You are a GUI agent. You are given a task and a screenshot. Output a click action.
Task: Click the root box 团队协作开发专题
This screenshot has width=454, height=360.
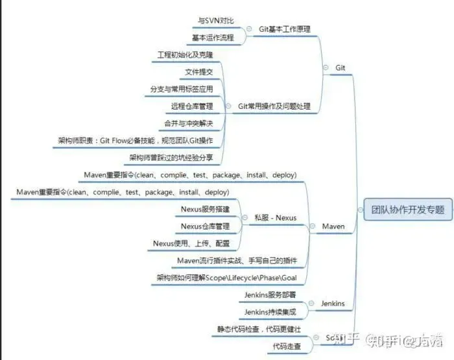(408, 210)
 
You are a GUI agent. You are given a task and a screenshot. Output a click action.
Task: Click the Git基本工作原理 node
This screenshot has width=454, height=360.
(283, 29)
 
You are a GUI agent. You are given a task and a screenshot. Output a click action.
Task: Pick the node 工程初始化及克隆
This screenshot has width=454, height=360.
(185, 54)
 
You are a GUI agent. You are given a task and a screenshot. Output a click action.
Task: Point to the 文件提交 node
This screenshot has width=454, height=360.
(198, 71)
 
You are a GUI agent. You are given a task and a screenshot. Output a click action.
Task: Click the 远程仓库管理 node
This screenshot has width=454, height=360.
(192, 106)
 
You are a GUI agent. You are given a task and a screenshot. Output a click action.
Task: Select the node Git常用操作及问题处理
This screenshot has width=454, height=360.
(274, 106)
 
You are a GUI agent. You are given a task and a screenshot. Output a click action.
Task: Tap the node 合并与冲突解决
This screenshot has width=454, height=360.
(188, 123)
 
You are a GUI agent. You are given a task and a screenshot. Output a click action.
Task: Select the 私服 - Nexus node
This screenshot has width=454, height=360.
(275, 218)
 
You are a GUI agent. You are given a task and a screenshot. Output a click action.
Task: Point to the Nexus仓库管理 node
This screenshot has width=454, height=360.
(205, 226)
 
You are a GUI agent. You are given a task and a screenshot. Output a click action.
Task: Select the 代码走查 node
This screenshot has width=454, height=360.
(287, 347)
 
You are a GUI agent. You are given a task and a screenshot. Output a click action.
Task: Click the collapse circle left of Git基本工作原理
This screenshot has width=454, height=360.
(250, 29)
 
